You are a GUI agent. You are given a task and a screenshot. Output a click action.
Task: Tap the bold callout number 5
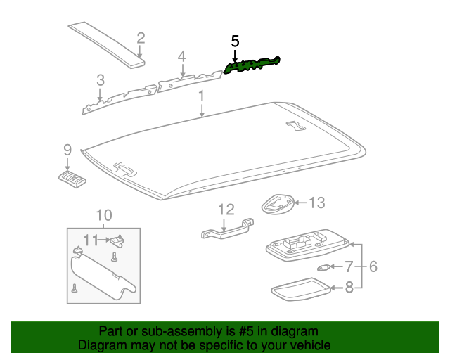235,41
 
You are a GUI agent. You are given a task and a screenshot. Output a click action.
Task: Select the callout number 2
141,38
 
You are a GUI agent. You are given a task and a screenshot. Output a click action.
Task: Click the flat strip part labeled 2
106,44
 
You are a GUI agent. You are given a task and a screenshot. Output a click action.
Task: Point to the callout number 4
181,56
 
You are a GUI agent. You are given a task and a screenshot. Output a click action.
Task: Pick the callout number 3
101,80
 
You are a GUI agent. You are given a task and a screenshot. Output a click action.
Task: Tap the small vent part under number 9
72,179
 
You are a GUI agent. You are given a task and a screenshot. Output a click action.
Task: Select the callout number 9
67,150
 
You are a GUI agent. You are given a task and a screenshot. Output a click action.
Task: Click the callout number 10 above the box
104,215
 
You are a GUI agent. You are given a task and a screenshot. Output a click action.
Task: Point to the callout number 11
91,240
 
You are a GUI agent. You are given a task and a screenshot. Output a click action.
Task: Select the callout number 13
316,202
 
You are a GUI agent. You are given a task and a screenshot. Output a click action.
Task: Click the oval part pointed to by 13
278,204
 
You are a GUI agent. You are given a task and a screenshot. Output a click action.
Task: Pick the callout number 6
373,266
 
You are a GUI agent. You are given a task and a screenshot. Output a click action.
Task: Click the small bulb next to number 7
323,268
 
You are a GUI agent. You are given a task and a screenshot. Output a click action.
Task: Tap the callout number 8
349,288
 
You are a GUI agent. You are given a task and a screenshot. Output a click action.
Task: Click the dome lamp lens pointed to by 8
301,290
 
